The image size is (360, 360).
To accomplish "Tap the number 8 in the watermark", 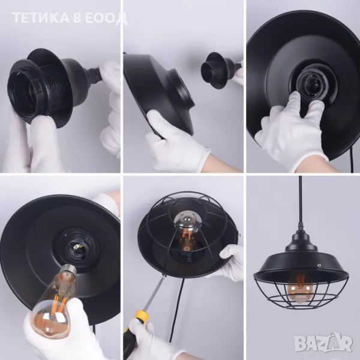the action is pyautogui.click(x=78, y=18).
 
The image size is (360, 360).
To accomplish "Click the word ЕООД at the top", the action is pyautogui.click(x=106, y=19).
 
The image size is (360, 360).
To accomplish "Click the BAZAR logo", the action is pyautogui.click(x=323, y=343).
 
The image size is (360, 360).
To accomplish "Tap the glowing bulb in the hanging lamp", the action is pyautogui.click(x=298, y=287).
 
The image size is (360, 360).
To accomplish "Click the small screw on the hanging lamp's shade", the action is pyautogui.click(x=319, y=266).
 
